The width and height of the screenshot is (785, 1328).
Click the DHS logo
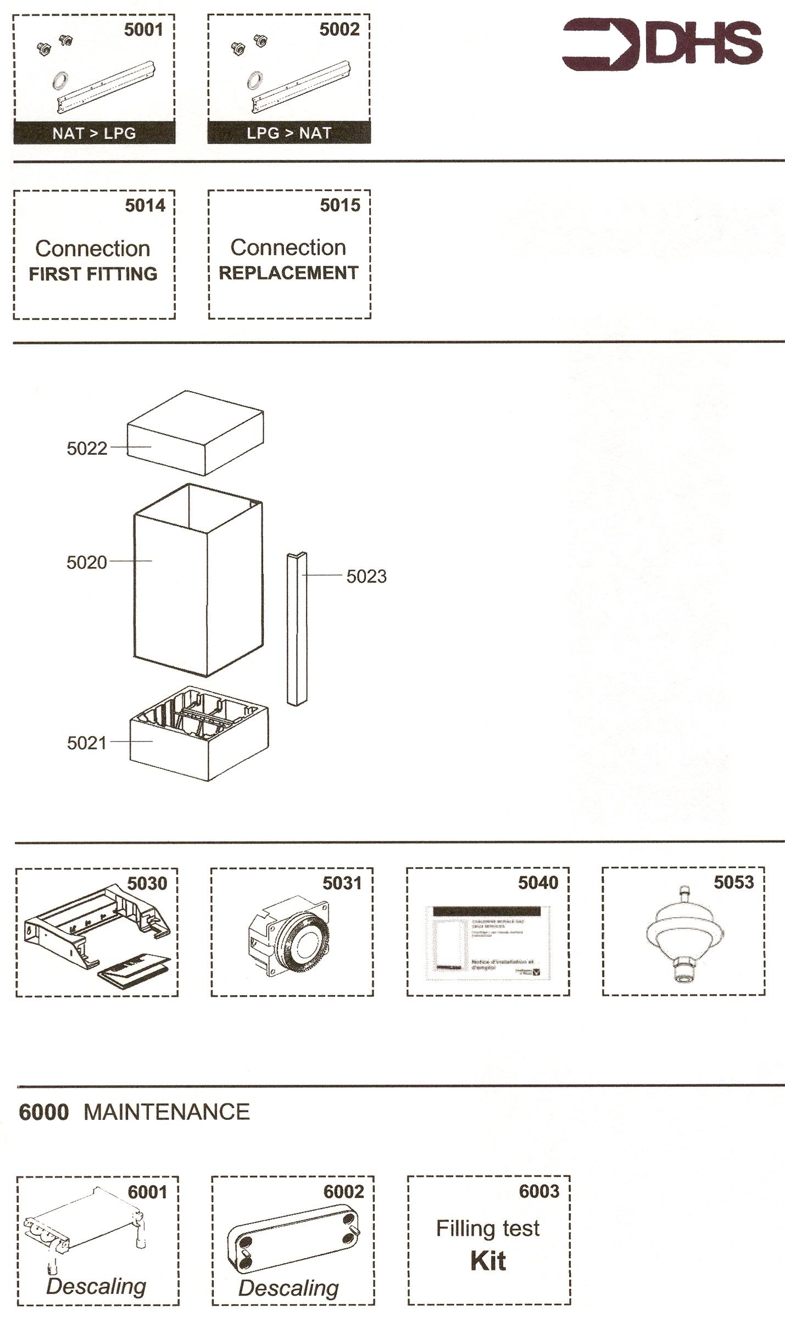662,44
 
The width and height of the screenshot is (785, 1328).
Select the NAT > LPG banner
94,133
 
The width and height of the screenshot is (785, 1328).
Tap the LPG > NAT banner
289,133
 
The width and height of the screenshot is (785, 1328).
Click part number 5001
143,30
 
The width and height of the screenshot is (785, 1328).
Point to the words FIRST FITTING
93,274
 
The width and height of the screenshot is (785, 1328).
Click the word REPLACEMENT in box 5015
288,273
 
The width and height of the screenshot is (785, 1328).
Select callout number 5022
87,448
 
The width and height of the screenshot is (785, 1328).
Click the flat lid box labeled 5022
195,434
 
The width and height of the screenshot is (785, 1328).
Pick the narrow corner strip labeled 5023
297,629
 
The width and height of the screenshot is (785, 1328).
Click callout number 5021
87,743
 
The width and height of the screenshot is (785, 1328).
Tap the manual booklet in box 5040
488,942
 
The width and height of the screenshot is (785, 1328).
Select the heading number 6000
43,1112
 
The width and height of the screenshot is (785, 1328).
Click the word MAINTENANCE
166,1112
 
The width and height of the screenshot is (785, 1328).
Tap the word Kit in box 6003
488,1260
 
